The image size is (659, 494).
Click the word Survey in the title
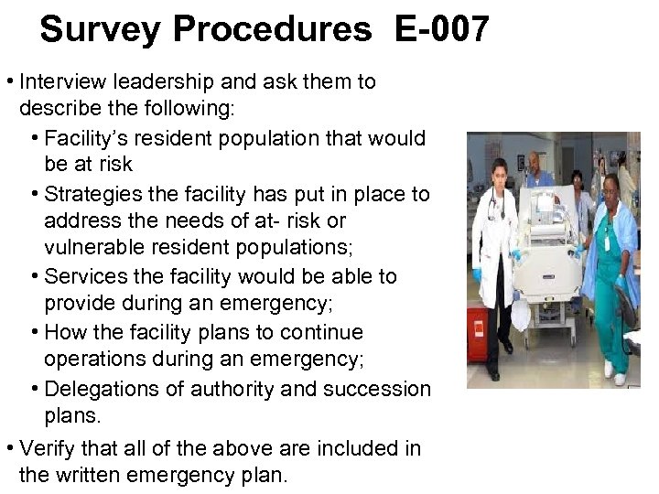coord(100,29)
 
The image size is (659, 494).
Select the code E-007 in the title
coord(442,29)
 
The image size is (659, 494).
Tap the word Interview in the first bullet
coord(59,81)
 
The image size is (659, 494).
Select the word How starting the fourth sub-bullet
coord(62,332)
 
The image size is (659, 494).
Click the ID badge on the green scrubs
coord(605,240)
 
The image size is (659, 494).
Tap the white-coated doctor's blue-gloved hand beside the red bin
coord(477,274)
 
